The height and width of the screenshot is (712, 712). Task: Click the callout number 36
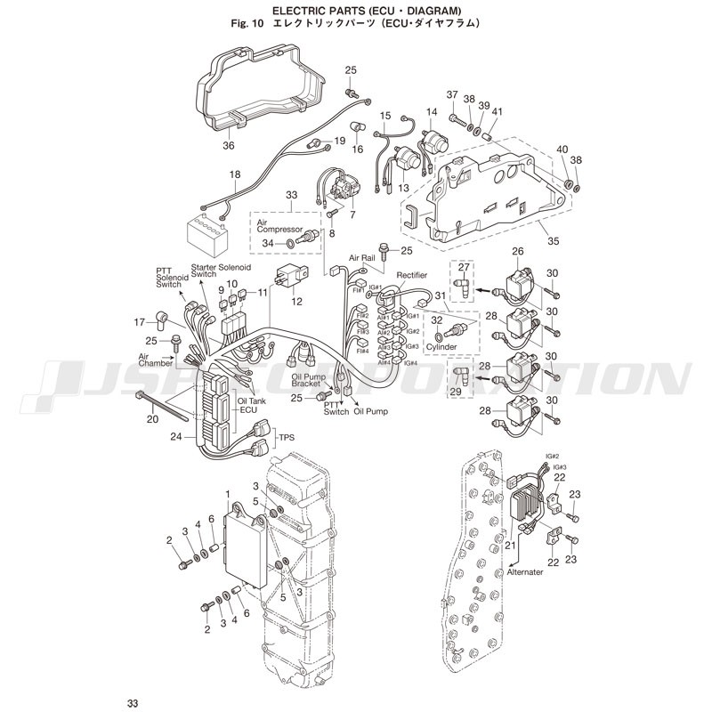(229, 147)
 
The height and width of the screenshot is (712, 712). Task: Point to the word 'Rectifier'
(413, 275)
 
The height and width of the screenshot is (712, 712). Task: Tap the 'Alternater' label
(525, 572)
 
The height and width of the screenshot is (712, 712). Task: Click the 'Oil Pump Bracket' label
(313, 380)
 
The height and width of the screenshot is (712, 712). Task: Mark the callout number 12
(296, 302)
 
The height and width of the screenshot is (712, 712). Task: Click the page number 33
(133, 703)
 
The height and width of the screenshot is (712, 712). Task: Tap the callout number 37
(452, 95)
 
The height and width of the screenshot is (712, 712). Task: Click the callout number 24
(176, 437)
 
